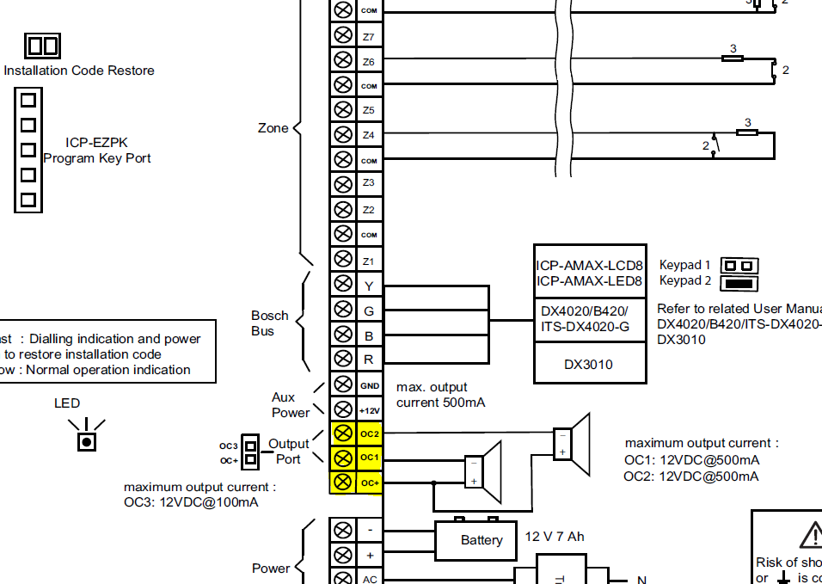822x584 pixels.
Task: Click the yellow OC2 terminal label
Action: pos(370,433)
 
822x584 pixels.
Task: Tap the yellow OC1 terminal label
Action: pos(370,458)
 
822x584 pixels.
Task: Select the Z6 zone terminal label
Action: pos(369,62)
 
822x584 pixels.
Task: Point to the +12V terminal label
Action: pos(370,410)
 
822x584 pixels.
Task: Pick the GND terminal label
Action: pos(370,386)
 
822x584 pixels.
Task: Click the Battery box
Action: pos(482,540)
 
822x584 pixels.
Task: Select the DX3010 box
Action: pos(589,364)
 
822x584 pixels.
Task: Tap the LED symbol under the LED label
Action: pos(87,441)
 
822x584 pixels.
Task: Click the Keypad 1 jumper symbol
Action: pos(739,266)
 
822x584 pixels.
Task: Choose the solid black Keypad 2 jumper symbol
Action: pos(739,282)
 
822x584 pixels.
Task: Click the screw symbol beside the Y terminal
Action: pos(342,286)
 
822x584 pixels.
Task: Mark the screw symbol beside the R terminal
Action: pos(342,359)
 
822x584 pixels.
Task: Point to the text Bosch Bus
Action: pos(269,323)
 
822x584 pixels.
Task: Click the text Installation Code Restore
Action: pos(79,71)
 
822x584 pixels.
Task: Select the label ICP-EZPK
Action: pos(96,143)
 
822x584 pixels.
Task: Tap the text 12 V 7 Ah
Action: pos(555,537)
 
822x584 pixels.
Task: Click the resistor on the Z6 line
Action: pos(732,58)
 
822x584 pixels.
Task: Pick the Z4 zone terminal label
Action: pos(369,135)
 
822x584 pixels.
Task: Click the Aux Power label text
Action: pos(291,405)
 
